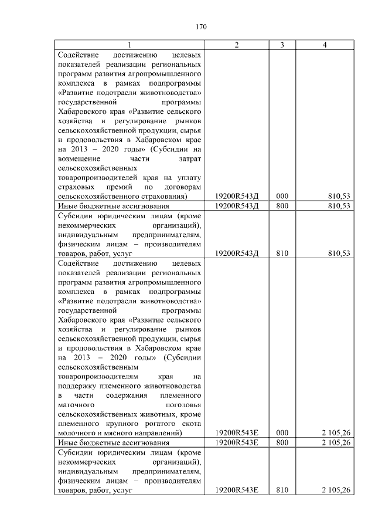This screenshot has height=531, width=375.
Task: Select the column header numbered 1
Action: tap(129, 46)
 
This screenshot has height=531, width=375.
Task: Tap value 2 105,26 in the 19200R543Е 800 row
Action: tap(335, 442)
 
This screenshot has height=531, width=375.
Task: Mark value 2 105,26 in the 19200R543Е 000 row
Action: tap(335, 433)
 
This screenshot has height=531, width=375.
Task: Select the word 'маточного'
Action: tap(77, 405)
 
